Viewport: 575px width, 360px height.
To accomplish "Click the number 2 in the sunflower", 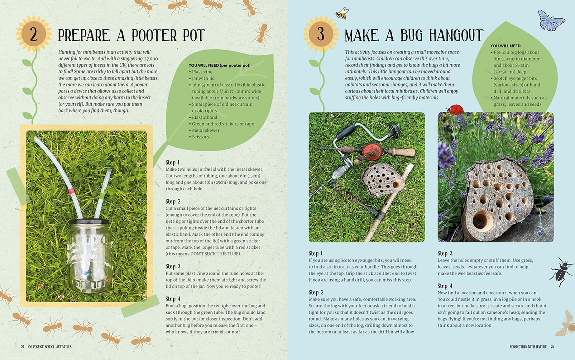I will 33,34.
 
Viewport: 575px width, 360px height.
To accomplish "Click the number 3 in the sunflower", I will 321,34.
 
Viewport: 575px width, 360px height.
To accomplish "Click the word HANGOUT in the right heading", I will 456,35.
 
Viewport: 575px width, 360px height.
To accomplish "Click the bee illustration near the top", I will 342,14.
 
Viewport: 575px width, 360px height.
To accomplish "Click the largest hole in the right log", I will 481,220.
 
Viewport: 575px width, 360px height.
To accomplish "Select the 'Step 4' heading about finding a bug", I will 173,299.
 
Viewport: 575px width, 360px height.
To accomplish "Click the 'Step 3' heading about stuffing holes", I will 445,253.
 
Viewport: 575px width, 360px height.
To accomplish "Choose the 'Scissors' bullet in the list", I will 200,137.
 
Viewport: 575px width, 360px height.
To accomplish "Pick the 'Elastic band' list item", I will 204,117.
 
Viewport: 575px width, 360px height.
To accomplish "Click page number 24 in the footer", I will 23,347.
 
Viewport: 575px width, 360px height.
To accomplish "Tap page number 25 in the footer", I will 552,347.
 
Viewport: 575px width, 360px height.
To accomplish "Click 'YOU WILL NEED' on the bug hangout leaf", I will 505,46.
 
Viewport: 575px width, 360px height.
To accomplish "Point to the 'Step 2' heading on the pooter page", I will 173,201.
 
